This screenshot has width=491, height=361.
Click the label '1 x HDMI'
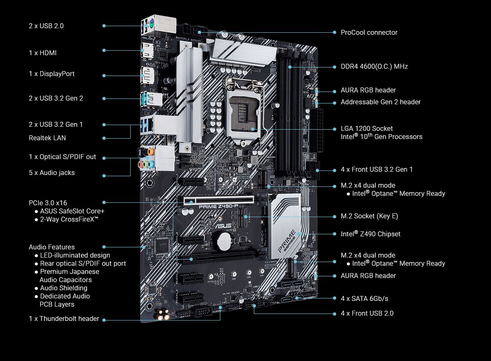pos(43,53)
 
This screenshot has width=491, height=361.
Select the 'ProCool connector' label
pos(369,33)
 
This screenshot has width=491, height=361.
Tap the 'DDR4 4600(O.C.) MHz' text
pos(374,67)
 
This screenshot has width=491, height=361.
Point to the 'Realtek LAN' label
pos(47,138)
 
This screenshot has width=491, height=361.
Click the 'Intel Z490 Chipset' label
pos(371,234)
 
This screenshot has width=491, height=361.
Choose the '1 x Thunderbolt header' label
pos(64,319)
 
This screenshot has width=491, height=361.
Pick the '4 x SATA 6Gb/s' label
pos(364,298)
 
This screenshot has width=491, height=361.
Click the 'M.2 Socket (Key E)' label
pos(369,216)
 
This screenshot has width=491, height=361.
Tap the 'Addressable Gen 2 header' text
pos(380,102)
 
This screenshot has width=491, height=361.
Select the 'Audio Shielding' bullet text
pos(63,288)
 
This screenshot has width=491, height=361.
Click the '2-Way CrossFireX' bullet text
pos(69,220)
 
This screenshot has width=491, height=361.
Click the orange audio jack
pos(151,152)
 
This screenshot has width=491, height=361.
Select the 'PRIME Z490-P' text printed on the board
pos(218,206)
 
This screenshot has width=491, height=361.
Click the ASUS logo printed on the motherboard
pos(223,225)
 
